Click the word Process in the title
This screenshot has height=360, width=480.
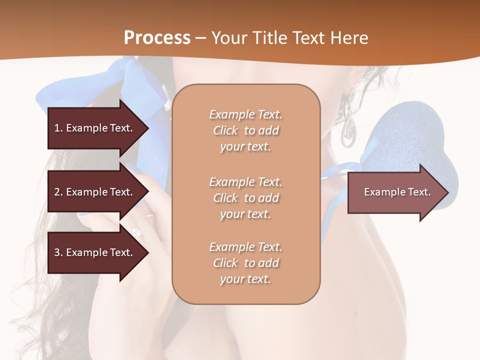coord(157,37)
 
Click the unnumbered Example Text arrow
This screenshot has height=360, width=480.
coord(397,192)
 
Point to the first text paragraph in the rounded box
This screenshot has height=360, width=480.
coord(245,130)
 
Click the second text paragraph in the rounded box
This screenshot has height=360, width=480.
coord(245,197)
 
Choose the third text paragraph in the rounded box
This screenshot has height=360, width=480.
coord(245,262)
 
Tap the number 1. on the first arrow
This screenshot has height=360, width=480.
coord(58,128)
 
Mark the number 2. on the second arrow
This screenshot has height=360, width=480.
coord(58,192)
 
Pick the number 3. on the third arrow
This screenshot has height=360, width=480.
coord(58,252)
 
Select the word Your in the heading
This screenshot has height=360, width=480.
coord(228,37)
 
